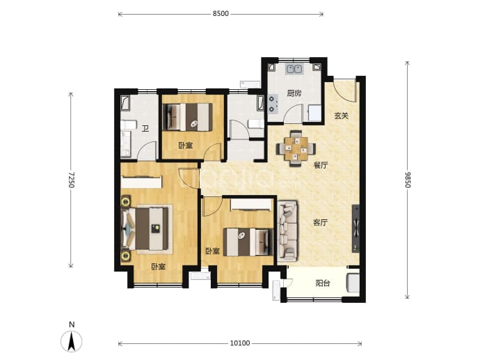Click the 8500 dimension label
coord(221,14)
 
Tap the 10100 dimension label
coord(240,343)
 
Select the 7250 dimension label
coord(71,180)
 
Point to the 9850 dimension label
coord(408,180)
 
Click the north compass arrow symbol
coord(72,341)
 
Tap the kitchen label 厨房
coord(294,93)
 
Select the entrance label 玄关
coord(341,116)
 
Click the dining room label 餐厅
coord(321,166)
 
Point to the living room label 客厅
coord(320,222)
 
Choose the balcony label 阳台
coord(323,283)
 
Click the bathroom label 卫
coord(145,129)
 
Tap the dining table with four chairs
coord(296,148)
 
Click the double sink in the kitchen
coord(294,69)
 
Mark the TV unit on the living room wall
coord(355,228)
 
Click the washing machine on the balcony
coord(353,283)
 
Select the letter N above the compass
coord(72,324)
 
